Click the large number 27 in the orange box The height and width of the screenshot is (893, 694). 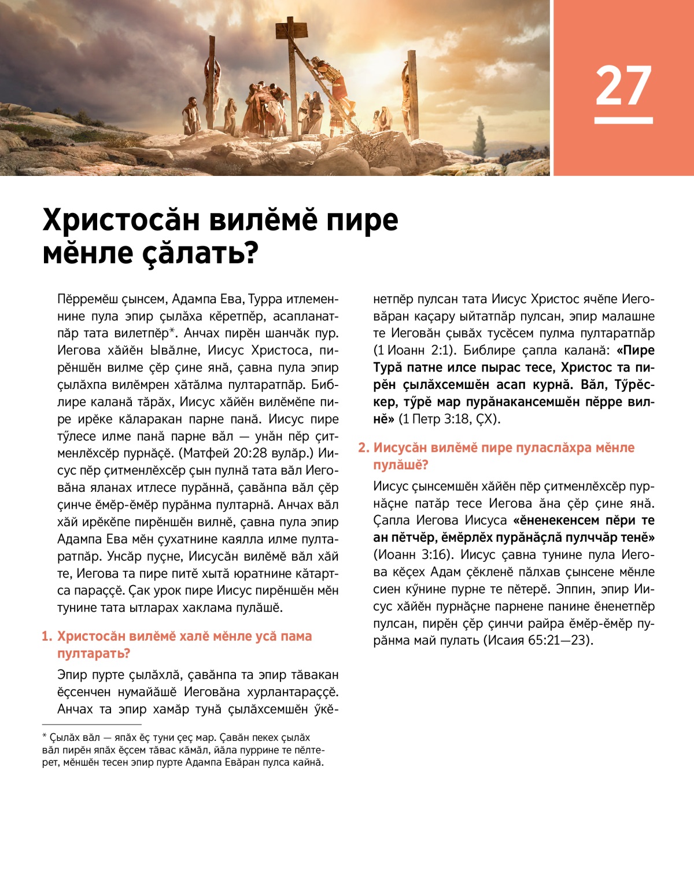623,86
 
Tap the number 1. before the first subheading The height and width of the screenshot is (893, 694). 47,637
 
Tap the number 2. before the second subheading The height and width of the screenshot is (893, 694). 363,448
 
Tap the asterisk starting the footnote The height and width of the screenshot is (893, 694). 45,737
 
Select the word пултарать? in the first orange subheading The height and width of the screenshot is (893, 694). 93,653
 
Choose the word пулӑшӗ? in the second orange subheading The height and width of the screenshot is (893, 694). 400,465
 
